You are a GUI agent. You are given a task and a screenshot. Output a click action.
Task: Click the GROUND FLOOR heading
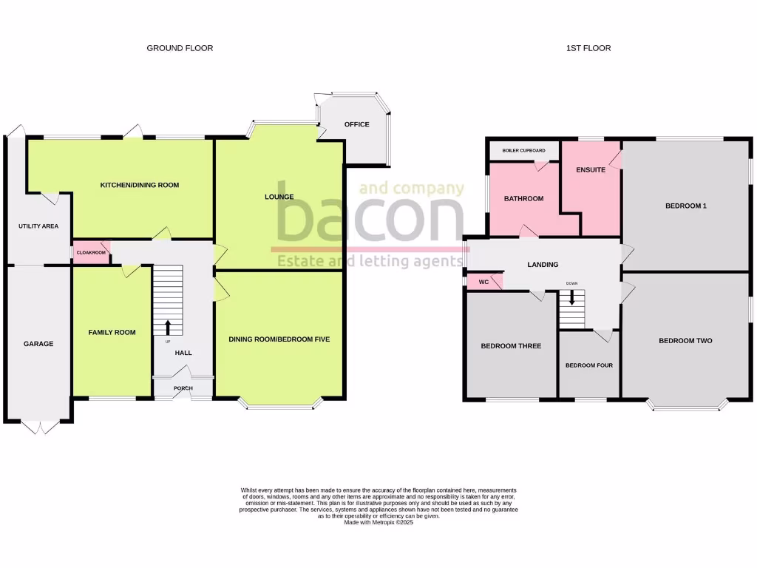tap(180, 48)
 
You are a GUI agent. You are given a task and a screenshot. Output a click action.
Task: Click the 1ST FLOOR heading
tap(588, 48)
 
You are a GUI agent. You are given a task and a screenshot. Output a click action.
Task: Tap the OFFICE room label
tap(356, 124)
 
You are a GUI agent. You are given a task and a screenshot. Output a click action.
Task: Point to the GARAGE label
tap(38, 344)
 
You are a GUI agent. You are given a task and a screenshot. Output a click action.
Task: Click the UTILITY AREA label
tap(38, 226)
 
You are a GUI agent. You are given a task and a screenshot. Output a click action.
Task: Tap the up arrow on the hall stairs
tap(168, 327)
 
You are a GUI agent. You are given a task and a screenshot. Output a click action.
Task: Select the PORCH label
tap(183, 389)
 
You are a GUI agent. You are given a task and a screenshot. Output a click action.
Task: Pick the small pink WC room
tap(483, 282)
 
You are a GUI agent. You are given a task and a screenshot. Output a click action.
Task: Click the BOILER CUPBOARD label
tap(523, 151)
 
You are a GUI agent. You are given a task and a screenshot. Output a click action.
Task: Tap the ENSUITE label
tap(591, 170)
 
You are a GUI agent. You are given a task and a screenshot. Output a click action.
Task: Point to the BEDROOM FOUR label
tap(589, 365)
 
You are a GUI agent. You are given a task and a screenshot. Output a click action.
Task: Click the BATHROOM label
tap(523, 199)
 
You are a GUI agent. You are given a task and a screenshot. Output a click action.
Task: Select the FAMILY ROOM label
tap(112, 333)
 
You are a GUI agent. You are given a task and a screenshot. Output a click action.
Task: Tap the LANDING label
tap(543, 265)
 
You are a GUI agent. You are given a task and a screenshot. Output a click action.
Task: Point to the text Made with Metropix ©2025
tap(378, 522)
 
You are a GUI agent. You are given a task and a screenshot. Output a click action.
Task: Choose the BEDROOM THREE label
tap(511, 346)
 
